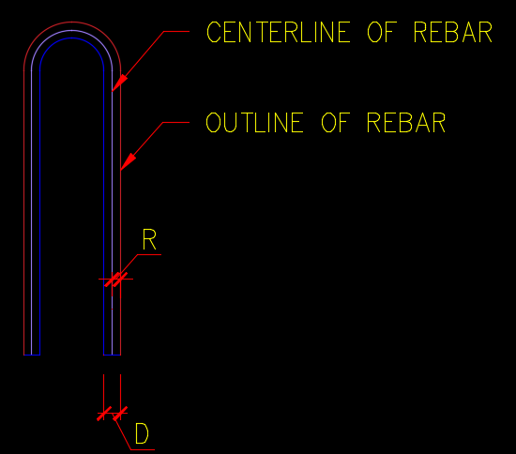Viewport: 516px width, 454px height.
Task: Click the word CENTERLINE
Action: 279,32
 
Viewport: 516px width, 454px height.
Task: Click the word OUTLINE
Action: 254,122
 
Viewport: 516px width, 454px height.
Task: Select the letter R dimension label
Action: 149,239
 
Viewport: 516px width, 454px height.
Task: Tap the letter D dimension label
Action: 142,433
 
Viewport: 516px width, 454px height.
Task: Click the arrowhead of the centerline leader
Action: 119,83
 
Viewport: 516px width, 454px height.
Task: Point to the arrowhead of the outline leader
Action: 128,162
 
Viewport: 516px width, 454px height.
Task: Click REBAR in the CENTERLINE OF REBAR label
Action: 452,32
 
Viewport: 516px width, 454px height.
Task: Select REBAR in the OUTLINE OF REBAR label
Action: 405,122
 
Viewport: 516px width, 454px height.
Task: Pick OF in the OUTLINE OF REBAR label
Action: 334,122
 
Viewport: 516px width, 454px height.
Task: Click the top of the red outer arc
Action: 72,22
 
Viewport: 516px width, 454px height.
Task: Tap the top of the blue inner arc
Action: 71,38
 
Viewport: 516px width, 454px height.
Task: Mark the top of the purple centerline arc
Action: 72,30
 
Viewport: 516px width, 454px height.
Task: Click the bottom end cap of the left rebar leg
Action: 32,355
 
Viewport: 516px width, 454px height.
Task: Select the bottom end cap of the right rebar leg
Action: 113,355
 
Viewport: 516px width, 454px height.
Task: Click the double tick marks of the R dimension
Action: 115,280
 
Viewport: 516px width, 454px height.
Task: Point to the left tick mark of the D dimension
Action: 104,414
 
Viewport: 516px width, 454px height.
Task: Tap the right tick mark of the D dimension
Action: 120,414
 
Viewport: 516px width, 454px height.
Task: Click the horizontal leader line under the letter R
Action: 149,254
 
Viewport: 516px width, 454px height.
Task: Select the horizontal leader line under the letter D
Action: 143,449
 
